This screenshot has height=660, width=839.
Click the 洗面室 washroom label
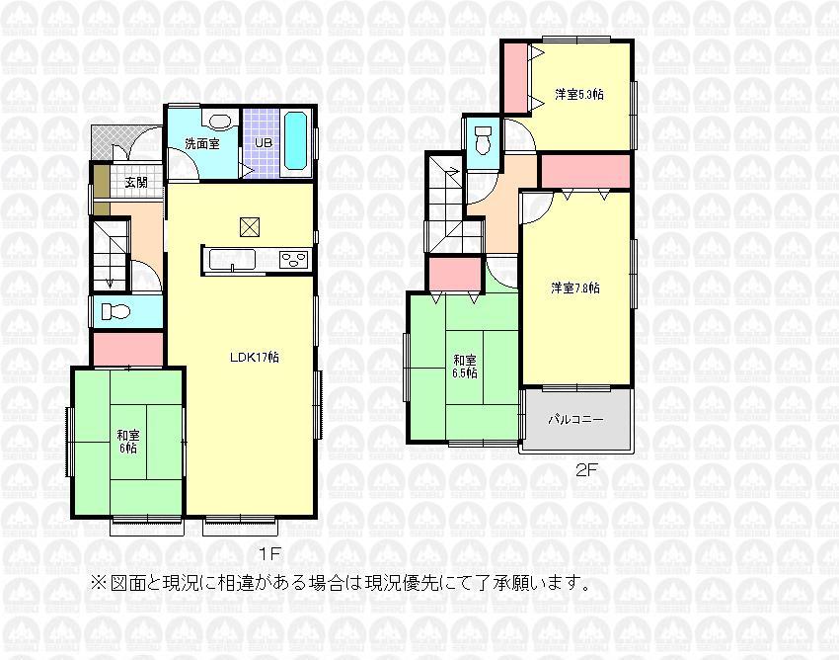click(x=202, y=143)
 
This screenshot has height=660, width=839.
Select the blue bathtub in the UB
click(x=296, y=143)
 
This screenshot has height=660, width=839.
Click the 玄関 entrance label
click(x=136, y=183)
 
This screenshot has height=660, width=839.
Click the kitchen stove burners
click(x=294, y=260)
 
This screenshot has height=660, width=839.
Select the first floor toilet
click(x=115, y=312)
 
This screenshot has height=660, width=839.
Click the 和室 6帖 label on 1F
click(x=126, y=441)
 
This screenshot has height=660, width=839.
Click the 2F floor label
click(x=585, y=470)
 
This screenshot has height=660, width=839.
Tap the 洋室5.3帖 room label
click(x=579, y=95)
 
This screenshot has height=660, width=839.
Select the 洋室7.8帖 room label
click(x=575, y=289)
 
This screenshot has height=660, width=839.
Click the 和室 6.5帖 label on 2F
click(x=465, y=367)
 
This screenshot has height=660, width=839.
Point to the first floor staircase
click(x=111, y=255)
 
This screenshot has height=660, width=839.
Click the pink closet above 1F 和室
click(x=127, y=349)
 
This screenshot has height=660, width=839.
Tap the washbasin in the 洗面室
click(x=219, y=123)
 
